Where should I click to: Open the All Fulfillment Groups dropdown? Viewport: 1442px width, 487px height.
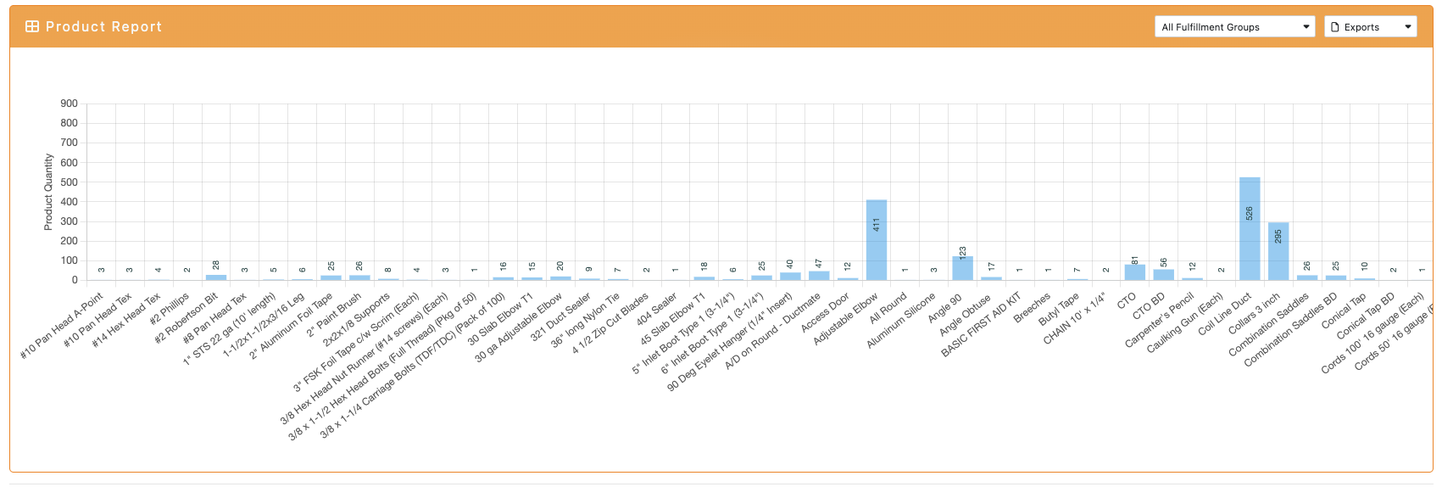click(1234, 27)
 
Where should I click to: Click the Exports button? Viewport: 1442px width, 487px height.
click(1370, 27)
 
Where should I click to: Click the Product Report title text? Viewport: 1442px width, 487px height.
click(103, 26)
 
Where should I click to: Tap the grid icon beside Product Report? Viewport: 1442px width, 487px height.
click(32, 26)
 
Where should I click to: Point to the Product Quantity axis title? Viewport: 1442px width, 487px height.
click(48, 192)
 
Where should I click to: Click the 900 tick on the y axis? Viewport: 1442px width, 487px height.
click(69, 104)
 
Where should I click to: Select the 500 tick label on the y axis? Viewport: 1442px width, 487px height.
click(69, 182)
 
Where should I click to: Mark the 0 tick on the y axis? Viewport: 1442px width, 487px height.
click(75, 280)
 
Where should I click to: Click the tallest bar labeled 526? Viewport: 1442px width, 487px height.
click(1250, 229)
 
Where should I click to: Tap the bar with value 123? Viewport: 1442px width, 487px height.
click(962, 268)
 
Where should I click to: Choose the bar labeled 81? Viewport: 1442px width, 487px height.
click(1135, 272)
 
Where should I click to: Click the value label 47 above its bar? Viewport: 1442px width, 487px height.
click(819, 264)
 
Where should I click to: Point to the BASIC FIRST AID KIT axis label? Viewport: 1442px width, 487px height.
click(981, 325)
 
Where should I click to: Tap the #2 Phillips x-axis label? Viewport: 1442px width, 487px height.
click(170, 310)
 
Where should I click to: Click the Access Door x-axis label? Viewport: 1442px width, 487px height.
click(825, 312)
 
